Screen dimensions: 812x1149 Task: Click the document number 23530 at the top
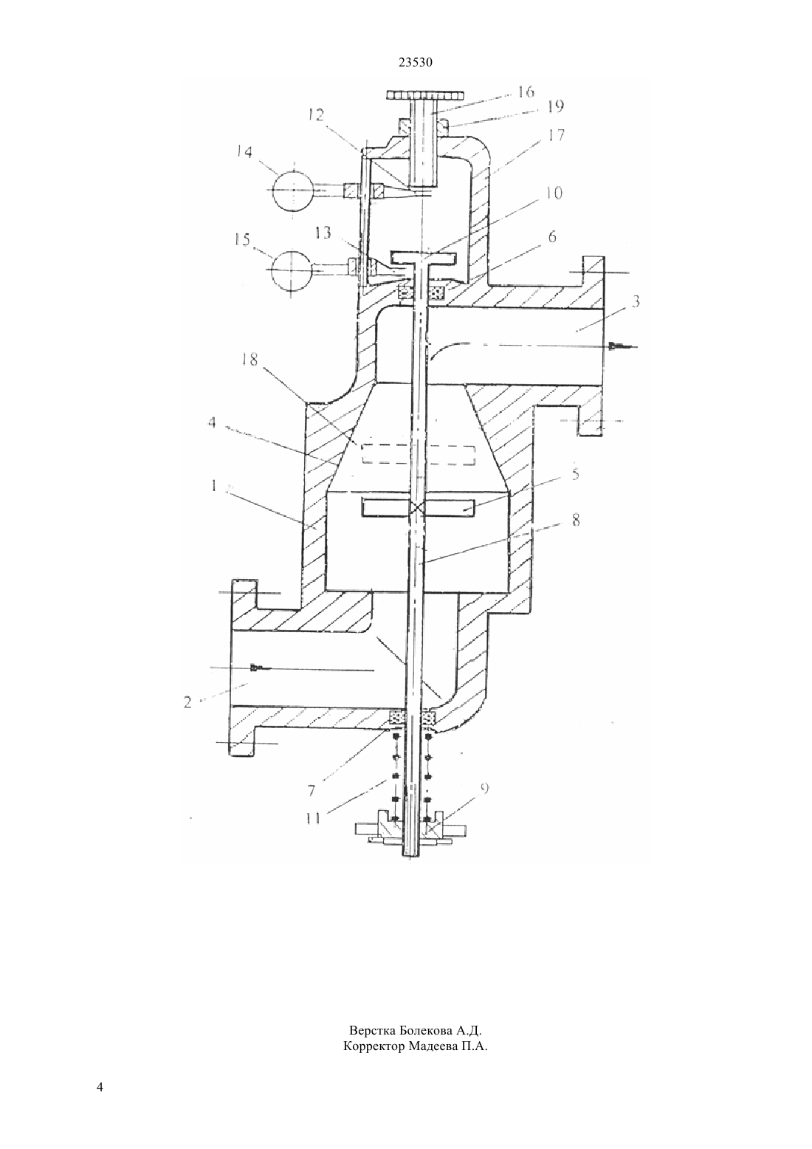(x=415, y=63)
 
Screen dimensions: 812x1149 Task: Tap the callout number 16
(x=526, y=92)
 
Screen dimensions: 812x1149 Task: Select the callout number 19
(x=554, y=106)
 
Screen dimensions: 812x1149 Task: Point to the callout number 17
(x=555, y=135)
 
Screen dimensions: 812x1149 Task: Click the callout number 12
(x=316, y=115)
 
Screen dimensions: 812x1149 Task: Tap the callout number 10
(x=554, y=193)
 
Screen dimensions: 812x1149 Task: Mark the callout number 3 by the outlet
(x=635, y=301)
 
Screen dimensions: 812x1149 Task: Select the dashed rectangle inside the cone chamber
(x=419, y=454)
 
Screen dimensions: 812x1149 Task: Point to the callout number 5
(x=576, y=473)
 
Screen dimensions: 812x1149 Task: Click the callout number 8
(x=576, y=520)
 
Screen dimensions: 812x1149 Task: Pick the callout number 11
(x=313, y=817)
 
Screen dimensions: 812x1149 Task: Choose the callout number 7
(x=312, y=790)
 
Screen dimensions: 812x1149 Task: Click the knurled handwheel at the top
(x=425, y=96)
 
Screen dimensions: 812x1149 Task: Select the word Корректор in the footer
(x=374, y=1046)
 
